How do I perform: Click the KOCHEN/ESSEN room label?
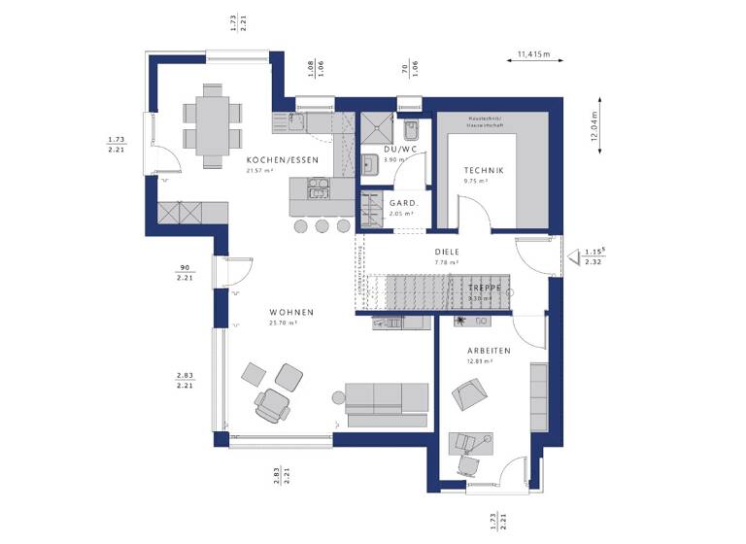click(x=273, y=160)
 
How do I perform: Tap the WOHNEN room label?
click(x=291, y=312)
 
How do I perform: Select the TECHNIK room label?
click(x=483, y=170)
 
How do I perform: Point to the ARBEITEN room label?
click(x=486, y=351)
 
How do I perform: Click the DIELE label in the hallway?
click(x=447, y=252)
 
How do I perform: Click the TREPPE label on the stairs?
click(x=483, y=289)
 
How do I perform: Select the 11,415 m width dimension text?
click(x=534, y=54)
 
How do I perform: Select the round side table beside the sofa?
click(x=338, y=395)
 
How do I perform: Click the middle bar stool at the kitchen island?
click(x=322, y=225)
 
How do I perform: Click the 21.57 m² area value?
click(x=259, y=170)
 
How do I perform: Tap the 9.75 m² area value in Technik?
click(x=476, y=181)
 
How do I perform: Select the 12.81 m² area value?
click(x=480, y=360)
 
